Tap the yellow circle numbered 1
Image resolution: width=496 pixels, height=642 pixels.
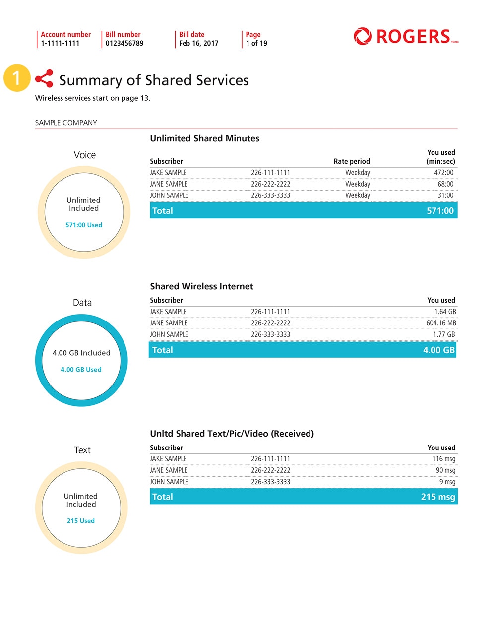16,78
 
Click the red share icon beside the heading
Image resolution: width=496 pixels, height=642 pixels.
44,78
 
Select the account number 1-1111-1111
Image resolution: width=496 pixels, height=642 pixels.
60,43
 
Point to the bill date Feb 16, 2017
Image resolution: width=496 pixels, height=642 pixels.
198,43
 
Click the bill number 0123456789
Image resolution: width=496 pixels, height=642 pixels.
124,43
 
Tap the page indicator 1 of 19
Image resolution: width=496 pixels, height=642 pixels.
256,43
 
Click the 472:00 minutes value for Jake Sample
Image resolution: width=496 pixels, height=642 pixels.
443,173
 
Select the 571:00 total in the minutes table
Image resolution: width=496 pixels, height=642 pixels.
440,211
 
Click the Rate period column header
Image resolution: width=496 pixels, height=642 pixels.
352,161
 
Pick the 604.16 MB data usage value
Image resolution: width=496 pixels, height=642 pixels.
441,323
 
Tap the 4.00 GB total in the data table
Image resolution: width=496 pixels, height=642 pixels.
438,350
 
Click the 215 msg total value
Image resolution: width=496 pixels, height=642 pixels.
438,497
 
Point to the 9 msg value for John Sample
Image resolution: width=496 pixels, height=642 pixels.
447,482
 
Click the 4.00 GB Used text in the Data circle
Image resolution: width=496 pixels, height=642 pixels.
81,370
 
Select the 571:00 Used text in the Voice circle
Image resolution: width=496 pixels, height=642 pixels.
84,225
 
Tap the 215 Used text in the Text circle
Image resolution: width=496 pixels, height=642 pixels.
81,521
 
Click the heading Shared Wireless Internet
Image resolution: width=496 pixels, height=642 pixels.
201,286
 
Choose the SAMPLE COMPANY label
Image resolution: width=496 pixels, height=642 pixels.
66,123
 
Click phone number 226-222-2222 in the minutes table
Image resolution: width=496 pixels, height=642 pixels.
270,184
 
